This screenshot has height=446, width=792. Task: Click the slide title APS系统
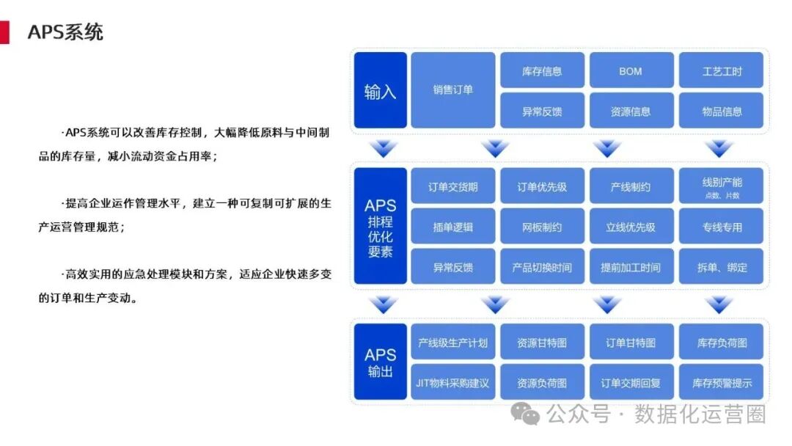(65, 32)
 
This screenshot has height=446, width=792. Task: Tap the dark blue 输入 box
(380, 90)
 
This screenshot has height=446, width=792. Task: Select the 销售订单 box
(452, 90)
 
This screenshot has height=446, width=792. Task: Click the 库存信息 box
(542, 70)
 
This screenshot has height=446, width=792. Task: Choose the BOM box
(630, 70)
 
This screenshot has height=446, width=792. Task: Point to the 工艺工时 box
(722, 70)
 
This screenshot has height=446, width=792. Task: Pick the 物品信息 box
(722, 111)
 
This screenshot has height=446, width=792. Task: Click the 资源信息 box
(630, 111)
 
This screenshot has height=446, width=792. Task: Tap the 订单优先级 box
(542, 186)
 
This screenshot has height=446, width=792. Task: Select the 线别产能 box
(722, 186)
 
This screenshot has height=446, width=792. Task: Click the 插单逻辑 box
(452, 227)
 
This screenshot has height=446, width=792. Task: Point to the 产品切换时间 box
(542, 267)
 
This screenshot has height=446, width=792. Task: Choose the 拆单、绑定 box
(722, 267)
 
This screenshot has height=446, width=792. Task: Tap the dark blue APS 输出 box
(380, 362)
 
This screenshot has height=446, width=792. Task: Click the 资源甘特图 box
(542, 342)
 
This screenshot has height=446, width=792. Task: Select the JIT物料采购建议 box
(452, 382)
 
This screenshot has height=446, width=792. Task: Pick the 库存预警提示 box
(722, 382)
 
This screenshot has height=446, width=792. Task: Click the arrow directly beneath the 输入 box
(384, 149)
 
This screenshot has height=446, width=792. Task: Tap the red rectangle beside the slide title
(4, 32)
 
